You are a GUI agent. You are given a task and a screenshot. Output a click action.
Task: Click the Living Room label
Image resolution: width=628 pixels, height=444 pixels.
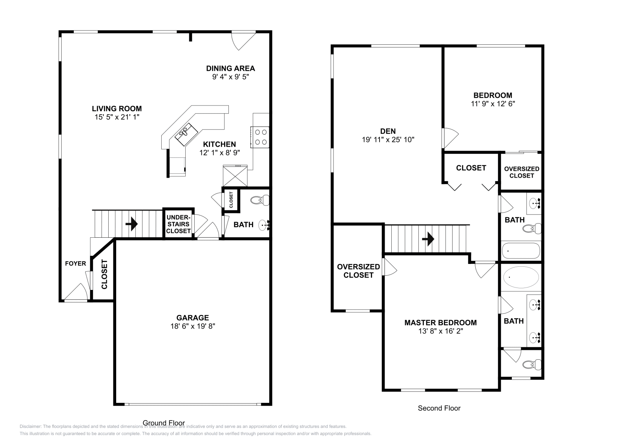click(117, 109)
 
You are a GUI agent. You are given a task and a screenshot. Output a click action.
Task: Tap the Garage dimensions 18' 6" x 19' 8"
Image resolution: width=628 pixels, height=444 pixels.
click(193, 326)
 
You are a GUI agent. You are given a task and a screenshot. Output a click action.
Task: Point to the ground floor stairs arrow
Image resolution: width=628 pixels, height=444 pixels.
click(131, 224)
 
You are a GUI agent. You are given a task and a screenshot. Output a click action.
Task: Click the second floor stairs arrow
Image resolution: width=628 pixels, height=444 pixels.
click(428, 238)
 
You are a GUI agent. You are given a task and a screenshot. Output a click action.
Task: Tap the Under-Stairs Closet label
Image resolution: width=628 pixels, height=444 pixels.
click(178, 224)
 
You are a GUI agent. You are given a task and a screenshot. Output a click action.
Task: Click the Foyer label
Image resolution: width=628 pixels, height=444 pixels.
click(75, 264)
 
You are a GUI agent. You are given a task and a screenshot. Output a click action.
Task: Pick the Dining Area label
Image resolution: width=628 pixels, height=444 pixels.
click(230, 68)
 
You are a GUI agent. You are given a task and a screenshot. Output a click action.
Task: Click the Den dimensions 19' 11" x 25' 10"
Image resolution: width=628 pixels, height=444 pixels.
click(388, 140)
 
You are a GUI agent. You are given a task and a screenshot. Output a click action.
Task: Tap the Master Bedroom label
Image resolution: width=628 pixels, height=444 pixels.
click(440, 322)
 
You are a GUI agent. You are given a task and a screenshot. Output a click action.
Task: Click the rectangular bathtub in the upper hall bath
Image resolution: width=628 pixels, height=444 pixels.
click(521, 250)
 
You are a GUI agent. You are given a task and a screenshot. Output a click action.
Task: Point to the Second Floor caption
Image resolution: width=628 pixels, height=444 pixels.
click(439, 408)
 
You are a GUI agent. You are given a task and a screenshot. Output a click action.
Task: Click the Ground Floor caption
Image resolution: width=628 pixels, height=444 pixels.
click(164, 423)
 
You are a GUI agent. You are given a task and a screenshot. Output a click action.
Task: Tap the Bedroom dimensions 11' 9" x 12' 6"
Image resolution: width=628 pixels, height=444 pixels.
click(493, 104)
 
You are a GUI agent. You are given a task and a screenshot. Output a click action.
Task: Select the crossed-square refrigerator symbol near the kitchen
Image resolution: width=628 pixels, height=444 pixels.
click(235, 176)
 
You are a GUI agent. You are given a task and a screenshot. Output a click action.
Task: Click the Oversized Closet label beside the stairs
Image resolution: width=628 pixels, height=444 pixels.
click(358, 271)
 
